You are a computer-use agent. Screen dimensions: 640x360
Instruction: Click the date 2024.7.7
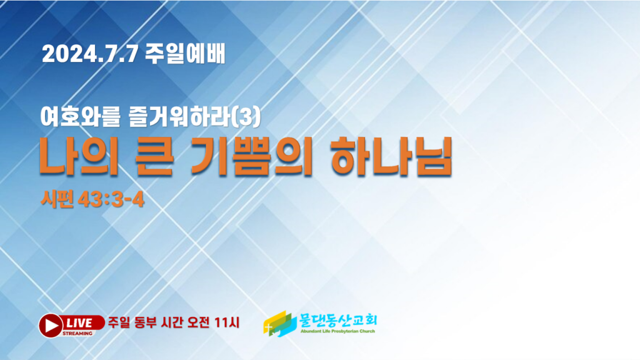point(90,54)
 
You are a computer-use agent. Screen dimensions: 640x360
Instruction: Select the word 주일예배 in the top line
point(185,54)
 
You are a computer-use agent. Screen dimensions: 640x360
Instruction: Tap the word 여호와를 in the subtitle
point(81,117)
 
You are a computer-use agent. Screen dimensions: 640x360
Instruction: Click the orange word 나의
point(79,157)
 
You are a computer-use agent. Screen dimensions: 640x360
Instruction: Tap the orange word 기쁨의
point(251,157)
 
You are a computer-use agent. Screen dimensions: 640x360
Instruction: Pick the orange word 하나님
point(391,157)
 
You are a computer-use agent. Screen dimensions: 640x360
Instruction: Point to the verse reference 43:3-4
point(111,200)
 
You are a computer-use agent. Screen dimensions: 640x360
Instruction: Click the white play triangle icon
point(51,326)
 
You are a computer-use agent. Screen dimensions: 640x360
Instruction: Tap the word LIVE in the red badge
point(79,323)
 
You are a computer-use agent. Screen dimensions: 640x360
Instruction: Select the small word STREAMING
point(77,334)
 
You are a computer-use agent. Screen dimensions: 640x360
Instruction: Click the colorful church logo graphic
point(279,324)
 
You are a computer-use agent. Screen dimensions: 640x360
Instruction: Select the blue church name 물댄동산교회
point(338,320)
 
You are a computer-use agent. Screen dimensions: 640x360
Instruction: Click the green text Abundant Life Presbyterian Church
point(337,331)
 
